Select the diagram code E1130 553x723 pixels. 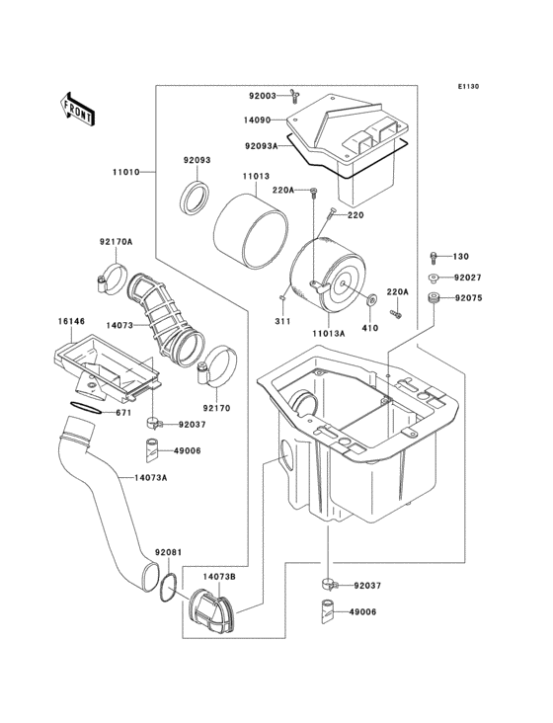468,87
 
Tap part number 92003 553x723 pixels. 263,96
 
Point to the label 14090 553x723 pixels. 259,120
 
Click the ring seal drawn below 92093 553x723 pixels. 196,197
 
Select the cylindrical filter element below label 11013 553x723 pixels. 246,227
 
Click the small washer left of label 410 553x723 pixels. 372,298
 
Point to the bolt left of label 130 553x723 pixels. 435,257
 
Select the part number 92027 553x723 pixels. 468,279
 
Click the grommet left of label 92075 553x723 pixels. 433,297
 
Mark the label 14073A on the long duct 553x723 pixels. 150,477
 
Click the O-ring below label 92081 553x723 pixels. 169,588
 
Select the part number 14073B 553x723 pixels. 219,576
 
